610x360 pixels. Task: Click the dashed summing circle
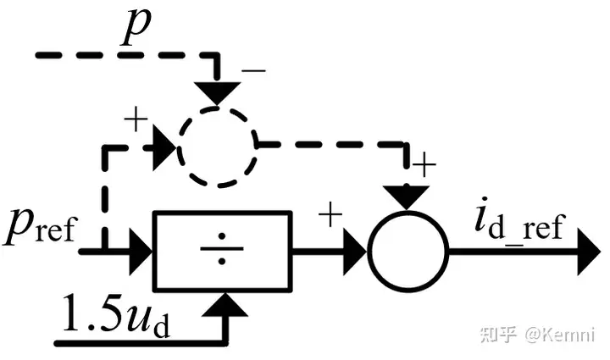click(219, 146)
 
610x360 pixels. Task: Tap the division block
click(222, 250)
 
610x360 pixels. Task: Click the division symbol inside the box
click(222, 250)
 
